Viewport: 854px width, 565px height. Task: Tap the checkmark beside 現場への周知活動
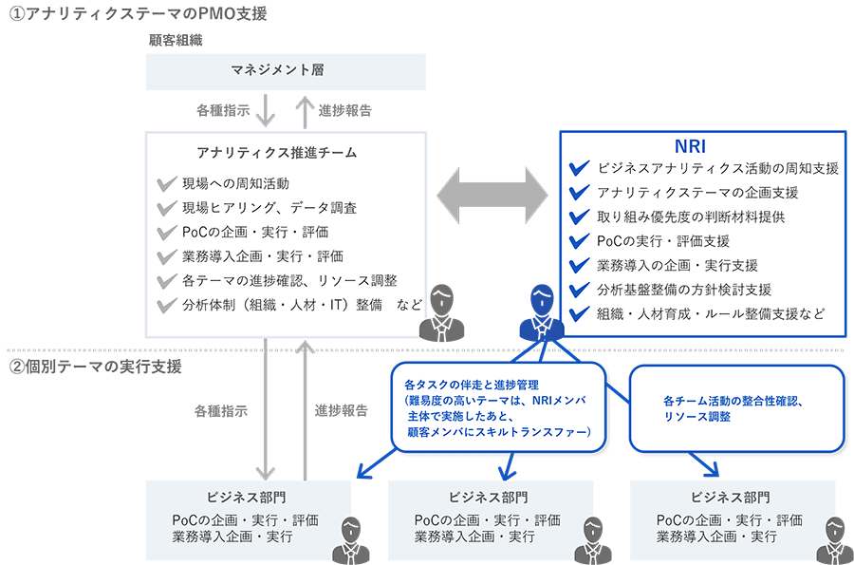coord(168,183)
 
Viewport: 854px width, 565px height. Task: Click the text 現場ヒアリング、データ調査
coord(269,207)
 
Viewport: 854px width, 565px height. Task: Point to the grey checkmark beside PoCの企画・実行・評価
coord(168,232)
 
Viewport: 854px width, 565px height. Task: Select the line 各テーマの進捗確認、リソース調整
coord(289,281)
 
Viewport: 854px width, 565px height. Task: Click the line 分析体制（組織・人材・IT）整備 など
coord(289,305)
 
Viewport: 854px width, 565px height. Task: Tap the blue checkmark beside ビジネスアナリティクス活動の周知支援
coord(578,169)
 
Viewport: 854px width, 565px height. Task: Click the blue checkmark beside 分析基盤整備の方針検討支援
coord(578,290)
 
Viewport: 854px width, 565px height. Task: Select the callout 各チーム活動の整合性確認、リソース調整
coord(735,408)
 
